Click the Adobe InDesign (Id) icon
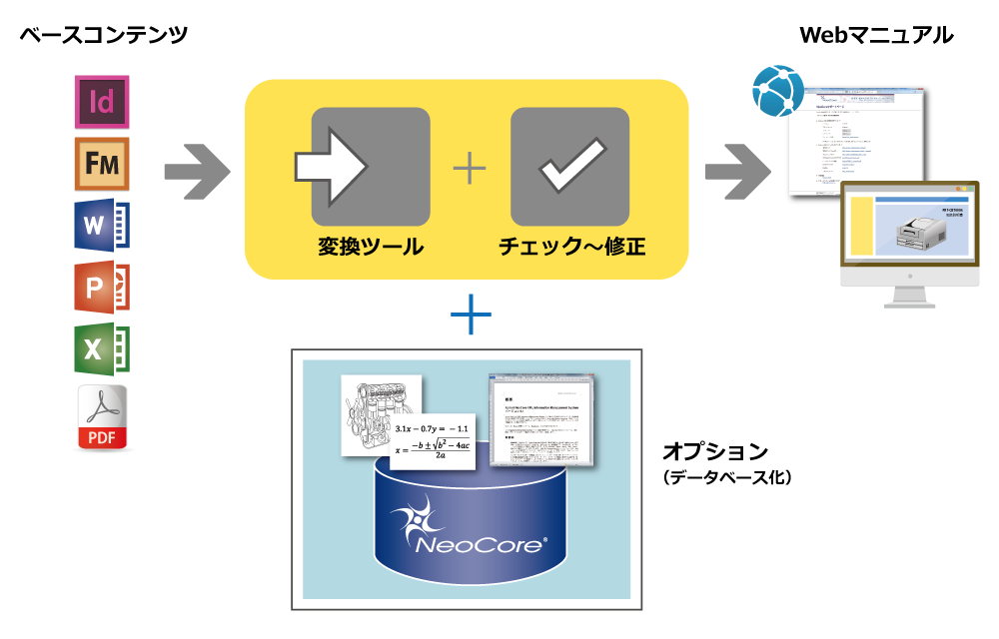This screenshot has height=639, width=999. (x=102, y=101)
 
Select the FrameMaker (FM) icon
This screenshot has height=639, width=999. (x=102, y=164)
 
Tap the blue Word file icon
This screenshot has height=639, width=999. (x=102, y=226)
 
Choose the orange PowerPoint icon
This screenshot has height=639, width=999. (x=102, y=288)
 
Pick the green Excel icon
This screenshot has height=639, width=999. (x=102, y=348)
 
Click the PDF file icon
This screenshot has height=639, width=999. (x=103, y=417)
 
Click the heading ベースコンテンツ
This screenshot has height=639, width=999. (x=104, y=36)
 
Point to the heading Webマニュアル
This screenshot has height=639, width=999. (x=876, y=36)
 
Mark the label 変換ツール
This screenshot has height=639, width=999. (x=371, y=247)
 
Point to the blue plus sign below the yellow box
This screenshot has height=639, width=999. (x=471, y=317)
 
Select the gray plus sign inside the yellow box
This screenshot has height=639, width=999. (x=470, y=168)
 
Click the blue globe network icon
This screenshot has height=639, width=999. (x=778, y=91)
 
